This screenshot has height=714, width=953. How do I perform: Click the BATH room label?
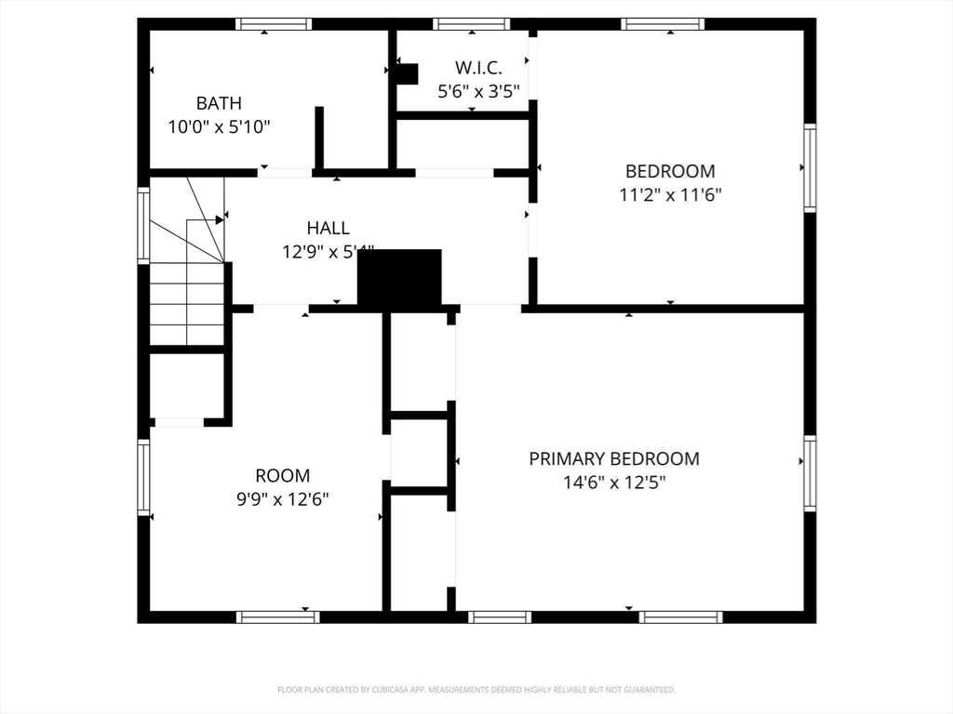tap(219, 103)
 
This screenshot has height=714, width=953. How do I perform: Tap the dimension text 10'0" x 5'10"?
tap(219, 126)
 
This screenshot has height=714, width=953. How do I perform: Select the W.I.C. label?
tap(478, 68)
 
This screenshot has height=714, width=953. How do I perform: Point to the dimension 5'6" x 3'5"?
tap(478, 91)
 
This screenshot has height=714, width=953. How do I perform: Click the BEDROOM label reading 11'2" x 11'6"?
tap(670, 171)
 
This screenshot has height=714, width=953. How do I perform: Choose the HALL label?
tap(329, 228)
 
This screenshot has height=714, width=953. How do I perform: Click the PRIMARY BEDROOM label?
tap(614, 458)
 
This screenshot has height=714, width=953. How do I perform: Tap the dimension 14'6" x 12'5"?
tap(614, 483)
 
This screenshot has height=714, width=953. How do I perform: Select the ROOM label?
tap(283, 475)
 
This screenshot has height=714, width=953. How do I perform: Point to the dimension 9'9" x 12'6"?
tap(283, 499)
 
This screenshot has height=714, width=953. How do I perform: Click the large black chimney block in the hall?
tap(399, 279)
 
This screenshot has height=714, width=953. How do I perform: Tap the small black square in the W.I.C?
tap(407, 73)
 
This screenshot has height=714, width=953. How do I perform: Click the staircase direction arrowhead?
tap(221, 219)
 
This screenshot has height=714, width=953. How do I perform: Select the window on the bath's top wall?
tap(273, 24)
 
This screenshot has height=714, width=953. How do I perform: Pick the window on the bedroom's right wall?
tap(810, 168)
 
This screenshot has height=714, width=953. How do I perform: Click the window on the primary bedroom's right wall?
tap(810, 473)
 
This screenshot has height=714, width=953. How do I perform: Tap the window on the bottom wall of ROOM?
tap(277, 616)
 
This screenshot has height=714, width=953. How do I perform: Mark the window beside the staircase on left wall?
tap(143, 225)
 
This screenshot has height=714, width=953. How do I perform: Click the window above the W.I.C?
tap(471, 24)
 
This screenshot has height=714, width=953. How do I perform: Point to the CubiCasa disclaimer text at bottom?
tap(476, 690)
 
